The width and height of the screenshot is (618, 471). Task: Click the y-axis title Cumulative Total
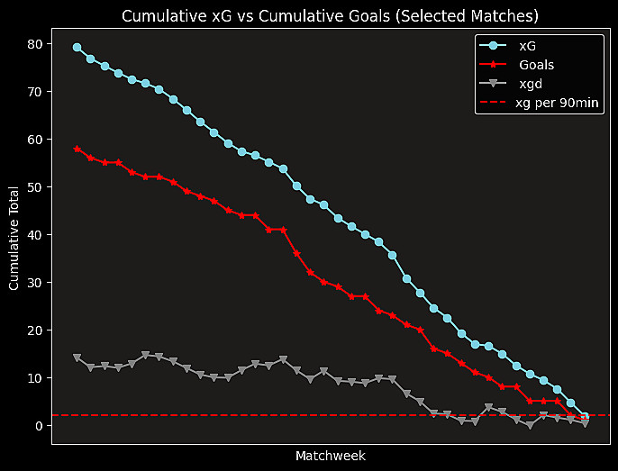click(x=14, y=239)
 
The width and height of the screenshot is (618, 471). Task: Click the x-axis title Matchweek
click(x=330, y=456)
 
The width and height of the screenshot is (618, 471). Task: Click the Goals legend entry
click(x=536, y=65)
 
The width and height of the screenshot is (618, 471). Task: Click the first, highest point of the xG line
click(x=77, y=48)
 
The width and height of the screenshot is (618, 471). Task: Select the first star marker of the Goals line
click(x=77, y=149)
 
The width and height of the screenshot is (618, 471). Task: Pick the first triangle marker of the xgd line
click(x=77, y=358)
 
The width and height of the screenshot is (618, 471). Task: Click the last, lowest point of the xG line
click(x=585, y=417)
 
